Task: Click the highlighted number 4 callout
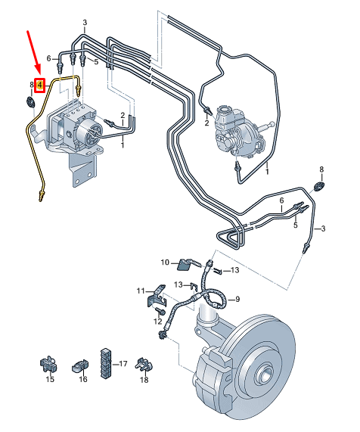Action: point(40,85)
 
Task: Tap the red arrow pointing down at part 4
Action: point(33,52)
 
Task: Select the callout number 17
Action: point(123,364)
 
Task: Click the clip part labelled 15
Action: point(48,365)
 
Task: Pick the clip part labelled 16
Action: point(80,366)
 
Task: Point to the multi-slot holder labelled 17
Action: point(106,363)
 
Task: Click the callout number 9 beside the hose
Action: point(237,299)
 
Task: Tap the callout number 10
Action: point(165,263)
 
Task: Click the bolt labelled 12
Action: point(161,312)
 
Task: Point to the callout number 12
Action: point(158,322)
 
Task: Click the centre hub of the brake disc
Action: point(265,374)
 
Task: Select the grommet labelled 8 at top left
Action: point(30,102)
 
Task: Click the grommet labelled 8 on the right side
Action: point(319,186)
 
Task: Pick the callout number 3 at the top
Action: point(85,23)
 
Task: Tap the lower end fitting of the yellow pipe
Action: point(41,196)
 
